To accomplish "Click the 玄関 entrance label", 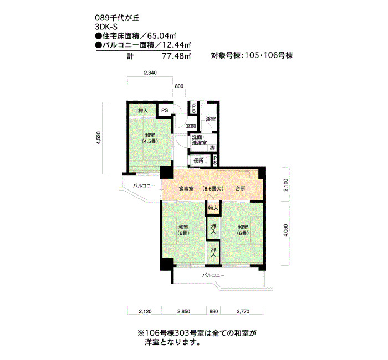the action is tap(191, 126).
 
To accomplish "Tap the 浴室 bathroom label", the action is tap(211, 119).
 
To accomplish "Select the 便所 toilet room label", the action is tap(198, 161).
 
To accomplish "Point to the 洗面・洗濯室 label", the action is tap(200, 140).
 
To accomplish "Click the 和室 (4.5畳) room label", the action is tap(150, 138).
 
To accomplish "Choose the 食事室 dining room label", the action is tap(186, 189).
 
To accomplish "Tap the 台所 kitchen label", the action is tap(240, 189).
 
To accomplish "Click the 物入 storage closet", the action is tap(213, 208).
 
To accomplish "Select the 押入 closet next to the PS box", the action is tap(143, 111).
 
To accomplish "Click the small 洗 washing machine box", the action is tap(212, 148).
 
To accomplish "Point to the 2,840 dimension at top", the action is tap(150, 73).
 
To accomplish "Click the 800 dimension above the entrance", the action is tap(179, 86).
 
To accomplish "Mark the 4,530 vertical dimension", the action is tap(99, 138).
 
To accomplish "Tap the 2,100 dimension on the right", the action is tap(286, 185).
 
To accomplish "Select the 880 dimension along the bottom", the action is tap(213, 311).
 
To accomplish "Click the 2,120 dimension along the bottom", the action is tap(145, 311).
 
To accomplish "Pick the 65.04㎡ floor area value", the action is tap(162, 36).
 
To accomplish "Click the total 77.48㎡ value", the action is tap(176, 56).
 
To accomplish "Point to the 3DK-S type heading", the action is tap(106, 27).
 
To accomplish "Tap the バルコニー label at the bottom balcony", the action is tap(213, 275).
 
